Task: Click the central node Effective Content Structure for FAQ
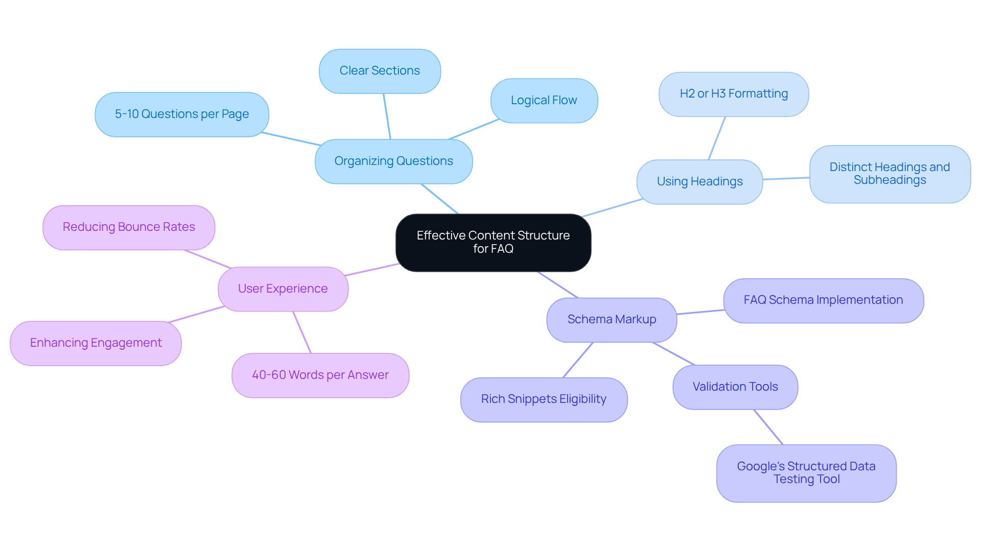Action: [493, 243]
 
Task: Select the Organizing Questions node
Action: [393, 161]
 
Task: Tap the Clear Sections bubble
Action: [380, 71]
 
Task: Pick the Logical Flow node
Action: [544, 101]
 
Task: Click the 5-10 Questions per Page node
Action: [182, 114]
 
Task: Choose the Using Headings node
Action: [699, 182]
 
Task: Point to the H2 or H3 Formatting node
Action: [733, 94]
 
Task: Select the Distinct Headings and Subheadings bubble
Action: [890, 174]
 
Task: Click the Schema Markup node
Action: [612, 320]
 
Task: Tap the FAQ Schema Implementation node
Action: [823, 300]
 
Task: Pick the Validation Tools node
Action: [735, 387]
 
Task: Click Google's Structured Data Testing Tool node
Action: [806, 473]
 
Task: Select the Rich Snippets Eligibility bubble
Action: [544, 399]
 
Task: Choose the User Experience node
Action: [283, 289]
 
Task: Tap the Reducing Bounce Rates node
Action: [129, 227]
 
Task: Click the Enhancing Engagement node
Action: [96, 343]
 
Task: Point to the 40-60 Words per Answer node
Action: [320, 375]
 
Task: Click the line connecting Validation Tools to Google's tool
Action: [768, 427]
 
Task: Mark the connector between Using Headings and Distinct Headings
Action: [786, 178]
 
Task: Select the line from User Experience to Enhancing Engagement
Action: [197, 314]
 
